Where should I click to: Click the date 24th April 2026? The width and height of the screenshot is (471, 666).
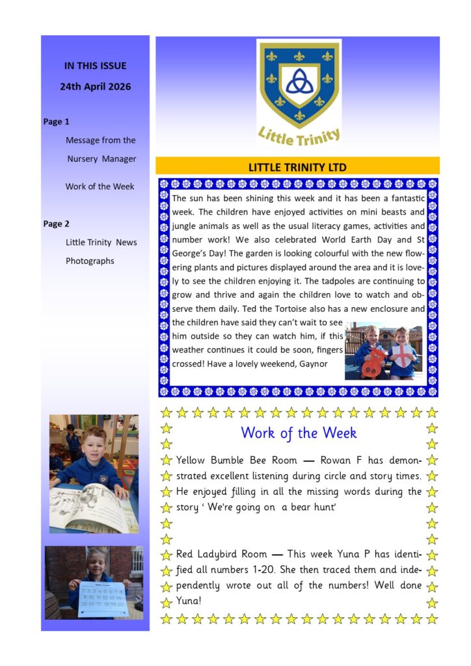click(x=95, y=87)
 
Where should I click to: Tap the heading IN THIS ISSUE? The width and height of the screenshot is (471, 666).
click(x=95, y=66)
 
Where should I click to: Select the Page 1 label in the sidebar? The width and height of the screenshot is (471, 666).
click(x=56, y=122)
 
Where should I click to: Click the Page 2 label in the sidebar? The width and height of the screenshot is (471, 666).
click(x=56, y=224)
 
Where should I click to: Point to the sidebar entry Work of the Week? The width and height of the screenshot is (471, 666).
click(x=100, y=187)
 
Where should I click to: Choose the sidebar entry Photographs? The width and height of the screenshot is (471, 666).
click(x=90, y=261)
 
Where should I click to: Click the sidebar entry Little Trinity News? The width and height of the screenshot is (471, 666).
click(x=101, y=243)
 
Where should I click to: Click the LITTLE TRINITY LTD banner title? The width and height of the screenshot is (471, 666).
click(x=297, y=167)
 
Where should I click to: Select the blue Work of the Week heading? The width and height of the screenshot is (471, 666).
click(x=299, y=433)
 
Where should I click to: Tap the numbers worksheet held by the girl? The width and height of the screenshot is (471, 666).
click(x=101, y=599)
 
